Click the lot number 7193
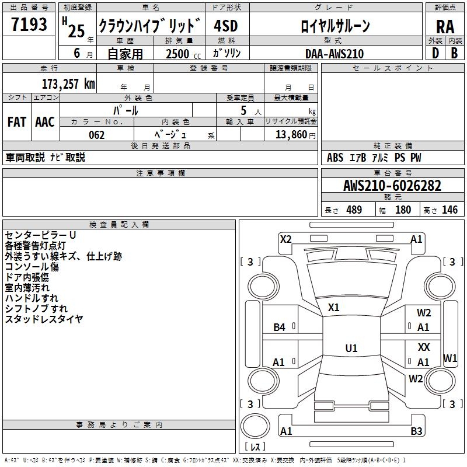[29, 25]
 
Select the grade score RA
[445, 27]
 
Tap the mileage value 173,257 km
[68, 83]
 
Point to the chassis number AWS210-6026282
[392, 186]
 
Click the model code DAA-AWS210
[334, 54]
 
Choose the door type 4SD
[225, 26]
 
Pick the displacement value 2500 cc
[183, 54]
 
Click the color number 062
[97, 135]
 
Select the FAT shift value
[17, 122]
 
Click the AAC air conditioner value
[45, 122]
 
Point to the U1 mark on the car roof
[351, 348]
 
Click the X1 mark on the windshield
[333, 307]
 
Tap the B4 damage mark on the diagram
[280, 327]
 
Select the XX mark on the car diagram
[424, 347]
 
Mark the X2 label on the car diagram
[285, 239]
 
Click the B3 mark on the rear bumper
[416, 431]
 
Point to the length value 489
[354, 210]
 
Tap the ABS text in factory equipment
[335, 158]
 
